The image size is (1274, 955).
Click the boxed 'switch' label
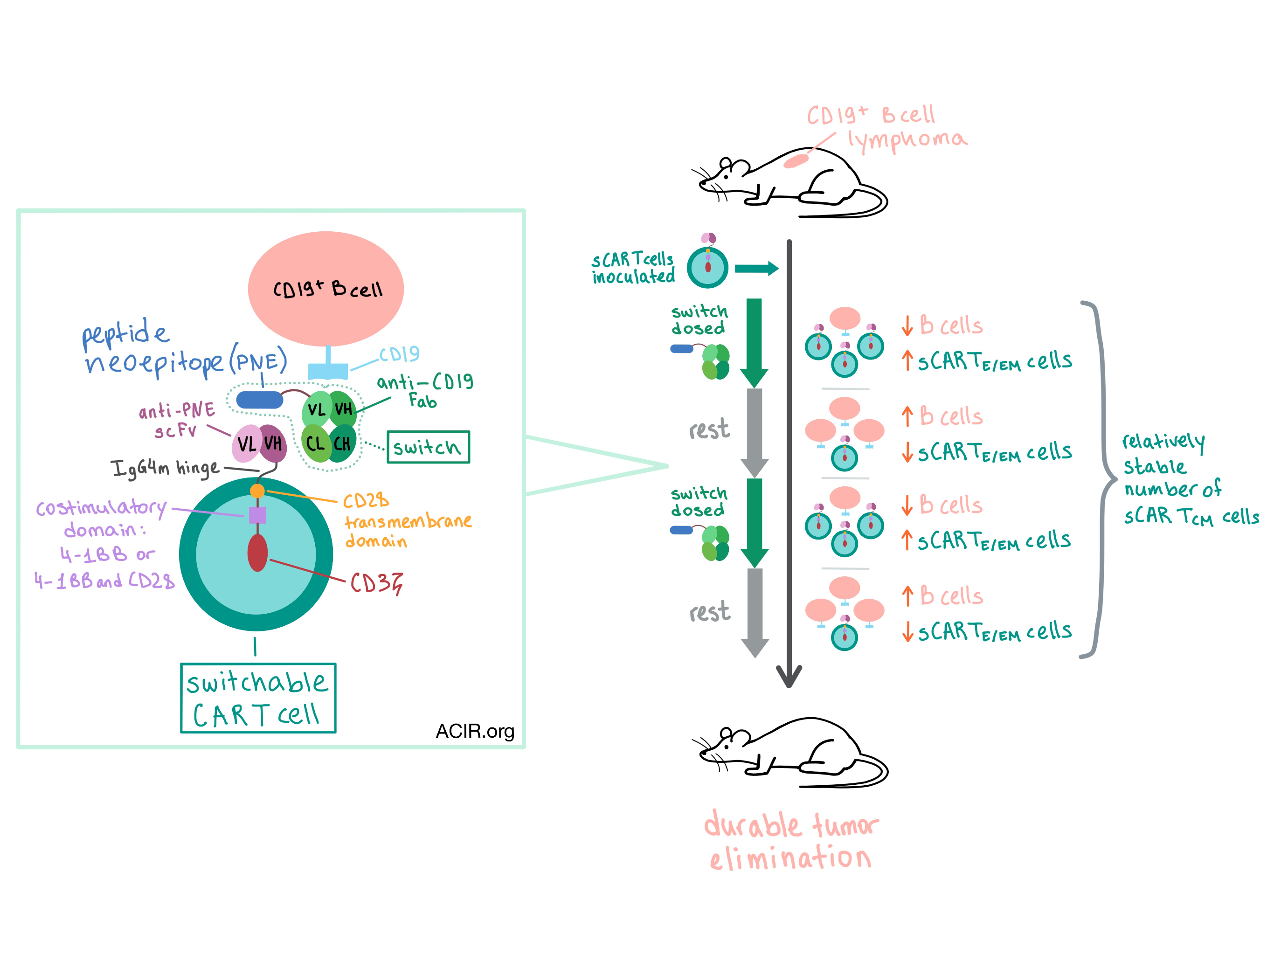(x=428, y=447)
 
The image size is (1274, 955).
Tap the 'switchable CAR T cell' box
(x=257, y=698)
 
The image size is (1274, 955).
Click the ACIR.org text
(x=475, y=731)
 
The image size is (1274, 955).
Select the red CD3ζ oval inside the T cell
(x=257, y=553)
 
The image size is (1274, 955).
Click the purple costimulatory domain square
(x=257, y=515)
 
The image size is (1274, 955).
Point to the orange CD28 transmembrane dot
(x=257, y=491)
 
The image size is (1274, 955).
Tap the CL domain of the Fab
(x=315, y=443)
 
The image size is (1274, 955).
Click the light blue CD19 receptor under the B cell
(x=328, y=369)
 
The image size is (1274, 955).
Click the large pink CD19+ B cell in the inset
(x=326, y=289)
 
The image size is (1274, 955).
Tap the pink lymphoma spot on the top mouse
(x=796, y=161)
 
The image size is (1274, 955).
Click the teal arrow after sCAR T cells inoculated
(x=757, y=268)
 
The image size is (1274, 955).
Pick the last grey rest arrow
(x=755, y=612)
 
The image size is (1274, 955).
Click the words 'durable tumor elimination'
(x=791, y=841)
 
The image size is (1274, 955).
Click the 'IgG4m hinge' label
(x=165, y=468)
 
